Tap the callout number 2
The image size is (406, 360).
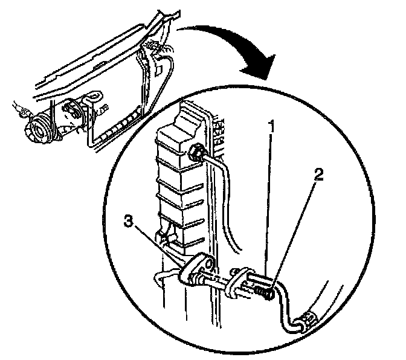tap(319, 176)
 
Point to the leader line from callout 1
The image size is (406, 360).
tap(270, 205)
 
